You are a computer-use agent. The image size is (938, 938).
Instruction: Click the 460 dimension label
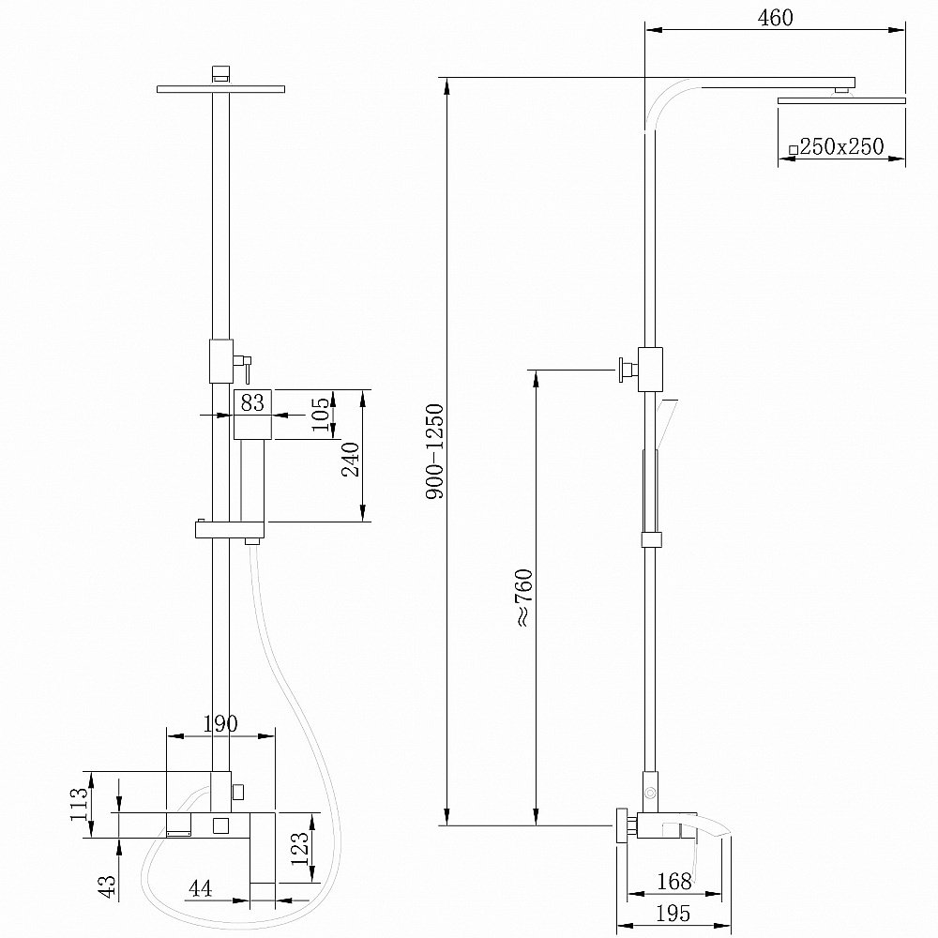(x=775, y=18)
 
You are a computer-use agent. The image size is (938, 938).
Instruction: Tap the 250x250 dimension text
(x=841, y=146)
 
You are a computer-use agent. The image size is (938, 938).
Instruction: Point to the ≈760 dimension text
(x=522, y=597)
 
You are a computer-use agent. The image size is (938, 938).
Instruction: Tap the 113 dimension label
(x=80, y=804)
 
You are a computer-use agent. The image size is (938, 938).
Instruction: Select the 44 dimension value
(x=199, y=887)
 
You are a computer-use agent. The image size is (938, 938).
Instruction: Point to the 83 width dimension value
(x=252, y=403)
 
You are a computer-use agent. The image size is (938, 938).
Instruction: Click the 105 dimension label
(x=322, y=416)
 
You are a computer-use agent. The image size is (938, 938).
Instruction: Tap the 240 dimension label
(x=351, y=460)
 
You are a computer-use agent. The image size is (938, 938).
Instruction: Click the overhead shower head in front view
(x=221, y=89)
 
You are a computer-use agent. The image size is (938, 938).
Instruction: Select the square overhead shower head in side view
(x=841, y=99)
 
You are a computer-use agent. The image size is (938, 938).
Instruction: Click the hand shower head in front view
(x=252, y=414)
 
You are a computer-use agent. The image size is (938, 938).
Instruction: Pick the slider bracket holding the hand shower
(x=231, y=530)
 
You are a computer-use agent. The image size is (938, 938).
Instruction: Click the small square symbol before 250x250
(x=794, y=149)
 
